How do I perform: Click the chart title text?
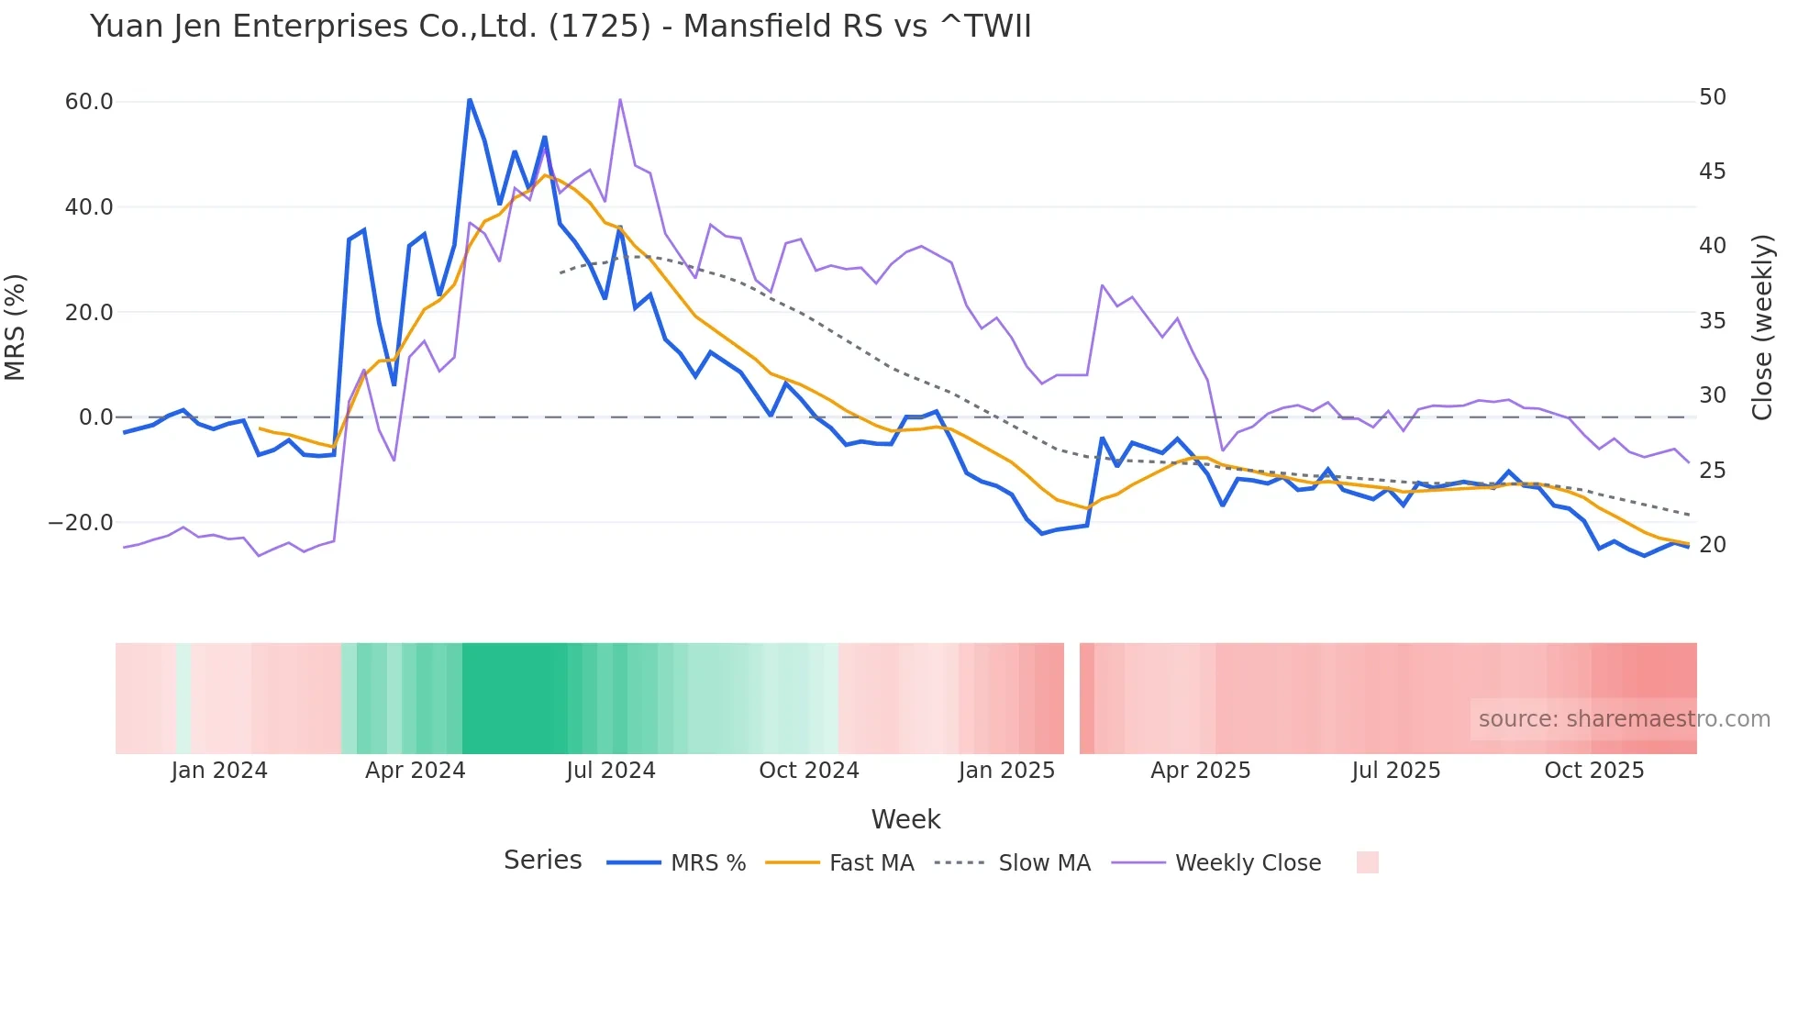point(560,27)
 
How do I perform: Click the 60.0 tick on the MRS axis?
point(89,102)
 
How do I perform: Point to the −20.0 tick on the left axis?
point(81,523)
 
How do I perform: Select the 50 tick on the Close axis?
point(1712,97)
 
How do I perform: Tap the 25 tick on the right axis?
point(1712,471)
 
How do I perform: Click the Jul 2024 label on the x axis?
point(610,771)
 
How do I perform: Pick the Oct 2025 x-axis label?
point(1593,771)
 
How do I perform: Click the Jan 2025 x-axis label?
point(1006,771)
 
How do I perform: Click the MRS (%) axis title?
point(16,327)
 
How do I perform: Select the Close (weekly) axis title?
point(1762,327)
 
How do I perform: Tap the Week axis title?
point(905,819)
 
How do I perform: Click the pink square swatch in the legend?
point(1367,862)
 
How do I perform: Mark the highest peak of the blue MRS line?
point(470,100)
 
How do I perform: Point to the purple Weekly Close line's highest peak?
point(620,99)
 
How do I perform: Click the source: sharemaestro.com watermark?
point(1624,719)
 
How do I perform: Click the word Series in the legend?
point(542,861)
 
